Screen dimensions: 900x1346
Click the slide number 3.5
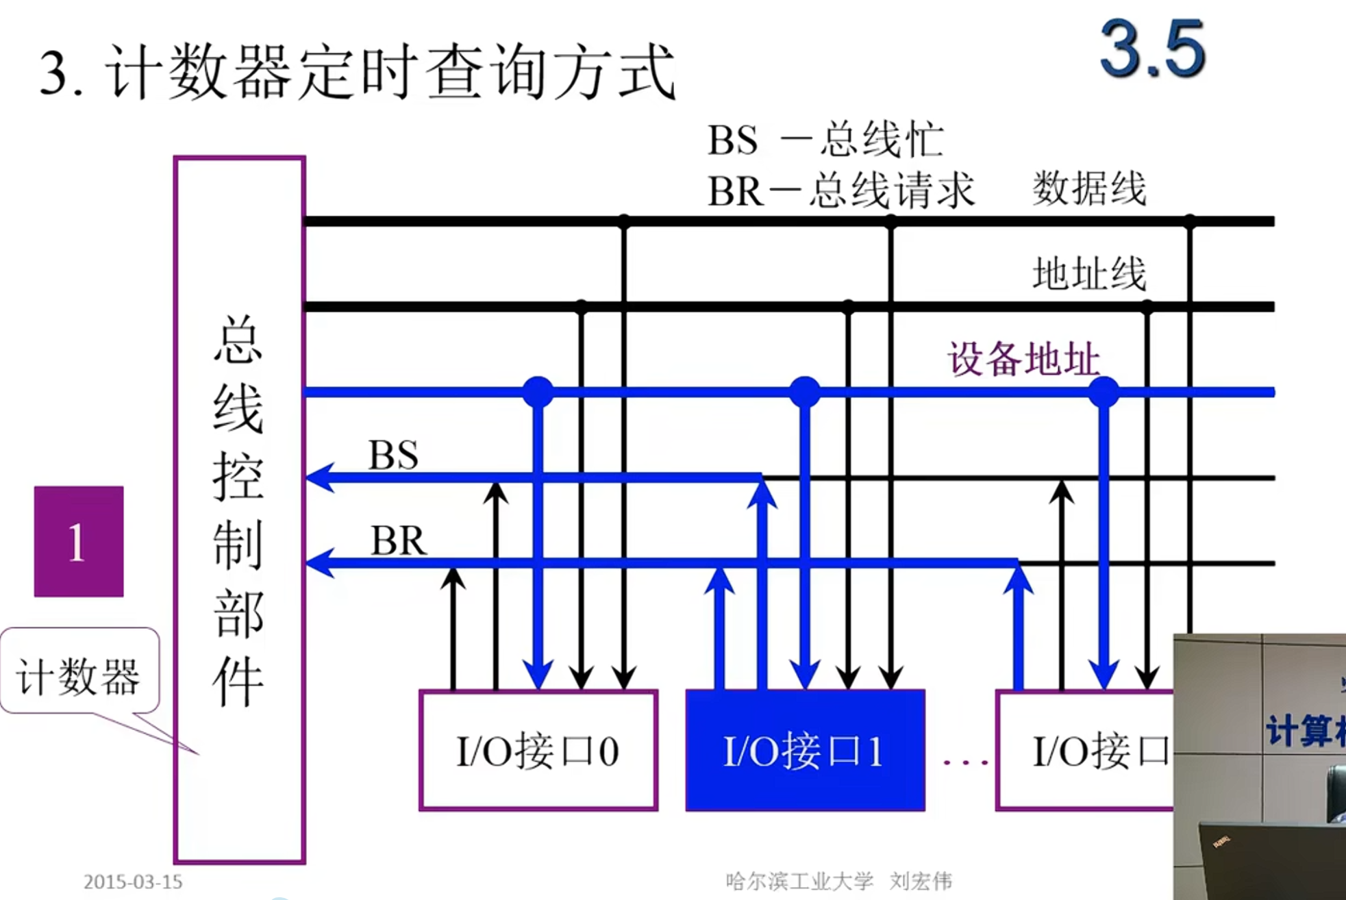1152,49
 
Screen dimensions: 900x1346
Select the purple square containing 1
79,541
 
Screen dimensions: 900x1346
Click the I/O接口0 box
538,750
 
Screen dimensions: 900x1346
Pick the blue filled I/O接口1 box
805,750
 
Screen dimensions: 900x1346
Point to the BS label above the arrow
393,455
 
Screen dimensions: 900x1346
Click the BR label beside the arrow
398,540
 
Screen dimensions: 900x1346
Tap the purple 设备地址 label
1023,359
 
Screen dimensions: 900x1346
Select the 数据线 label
1089,188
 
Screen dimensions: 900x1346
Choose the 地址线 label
1089,274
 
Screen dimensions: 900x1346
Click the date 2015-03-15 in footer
133,882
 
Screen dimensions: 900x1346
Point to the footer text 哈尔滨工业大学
799,881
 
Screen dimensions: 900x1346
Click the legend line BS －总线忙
825,140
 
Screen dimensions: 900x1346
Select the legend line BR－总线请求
840,190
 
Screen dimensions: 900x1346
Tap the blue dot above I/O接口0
538,392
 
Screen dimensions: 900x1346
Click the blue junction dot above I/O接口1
805,392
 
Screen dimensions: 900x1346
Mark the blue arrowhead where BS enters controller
319,477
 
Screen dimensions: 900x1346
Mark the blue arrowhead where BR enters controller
319,563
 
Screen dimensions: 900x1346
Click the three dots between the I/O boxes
964,761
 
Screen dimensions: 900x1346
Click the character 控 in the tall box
238,477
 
